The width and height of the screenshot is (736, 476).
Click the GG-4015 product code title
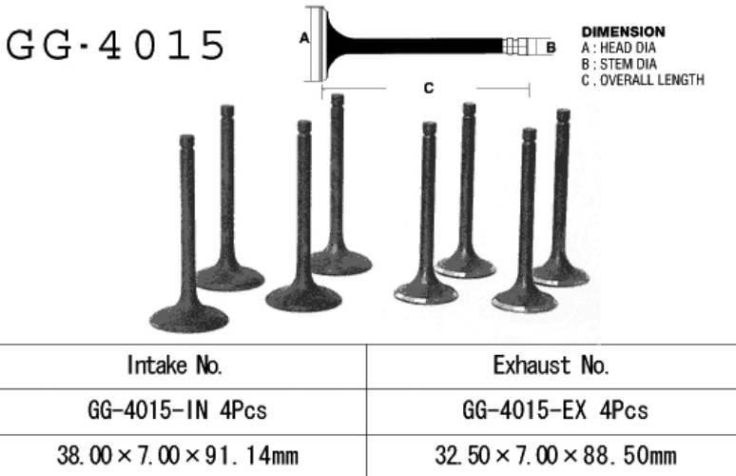pyautogui.click(x=115, y=45)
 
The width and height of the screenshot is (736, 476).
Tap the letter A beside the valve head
pyautogui.click(x=304, y=38)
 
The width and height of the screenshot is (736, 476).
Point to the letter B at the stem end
pyautogui.click(x=552, y=48)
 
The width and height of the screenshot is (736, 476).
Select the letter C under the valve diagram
pyautogui.click(x=429, y=88)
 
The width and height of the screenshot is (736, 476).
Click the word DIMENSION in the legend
pyautogui.click(x=624, y=32)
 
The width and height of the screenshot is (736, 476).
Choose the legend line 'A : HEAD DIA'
pyautogui.click(x=619, y=48)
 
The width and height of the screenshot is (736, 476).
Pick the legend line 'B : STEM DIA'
pyautogui.click(x=619, y=64)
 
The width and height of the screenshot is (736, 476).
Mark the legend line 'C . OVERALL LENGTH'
pyautogui.click(x=643, y=80)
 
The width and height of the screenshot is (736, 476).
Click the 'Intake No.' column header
pyautogui.click(x=175, y=366)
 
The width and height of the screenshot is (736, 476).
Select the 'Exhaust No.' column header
pyautogui.click(x=552, y=366)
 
